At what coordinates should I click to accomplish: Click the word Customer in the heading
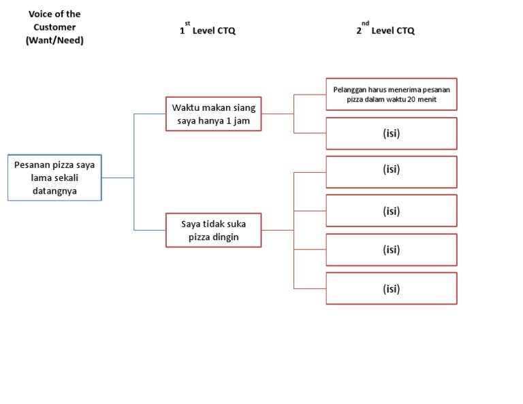54,27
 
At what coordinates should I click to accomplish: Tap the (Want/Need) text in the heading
54,40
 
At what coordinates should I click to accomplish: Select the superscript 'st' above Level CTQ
187,23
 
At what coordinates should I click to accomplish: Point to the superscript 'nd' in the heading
365,23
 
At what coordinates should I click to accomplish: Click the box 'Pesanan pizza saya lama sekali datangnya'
54,178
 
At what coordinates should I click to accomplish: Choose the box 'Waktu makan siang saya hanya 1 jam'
213,114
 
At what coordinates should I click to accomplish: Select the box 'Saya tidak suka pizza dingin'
213,230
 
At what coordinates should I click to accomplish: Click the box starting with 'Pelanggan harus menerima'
391,94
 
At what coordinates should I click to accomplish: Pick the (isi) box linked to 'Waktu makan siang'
391,133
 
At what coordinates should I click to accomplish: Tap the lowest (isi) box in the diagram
391,289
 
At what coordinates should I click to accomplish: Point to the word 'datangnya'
54,191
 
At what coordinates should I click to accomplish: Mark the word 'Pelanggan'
349,89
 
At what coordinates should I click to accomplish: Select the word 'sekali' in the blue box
67,178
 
